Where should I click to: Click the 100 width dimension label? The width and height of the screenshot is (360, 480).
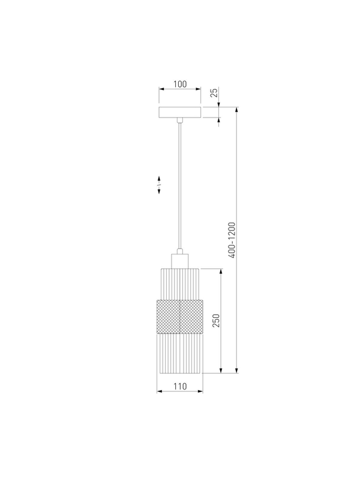tap(180, 84)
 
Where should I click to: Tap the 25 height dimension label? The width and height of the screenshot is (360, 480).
tap(215, 92)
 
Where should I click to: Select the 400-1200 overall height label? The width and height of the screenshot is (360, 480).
tap(232, 241)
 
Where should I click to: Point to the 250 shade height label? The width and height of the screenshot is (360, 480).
tap(216, 320)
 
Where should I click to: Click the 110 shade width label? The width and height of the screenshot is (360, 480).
tap(180, 386)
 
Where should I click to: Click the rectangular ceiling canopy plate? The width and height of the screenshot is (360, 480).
tap(180, 112)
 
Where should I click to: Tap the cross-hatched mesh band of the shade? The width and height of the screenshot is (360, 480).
tap(179, 317)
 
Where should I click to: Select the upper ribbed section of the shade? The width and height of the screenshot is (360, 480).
tap(179, 284)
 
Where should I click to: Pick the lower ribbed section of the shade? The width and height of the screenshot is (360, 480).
tap(179, 353)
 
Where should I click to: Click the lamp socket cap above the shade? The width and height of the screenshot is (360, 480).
tap(179, 261)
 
